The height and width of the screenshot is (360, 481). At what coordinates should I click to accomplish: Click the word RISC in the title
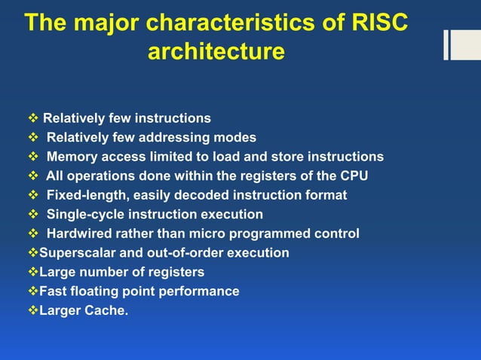point(379,23)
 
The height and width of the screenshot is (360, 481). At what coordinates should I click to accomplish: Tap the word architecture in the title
point(216,52)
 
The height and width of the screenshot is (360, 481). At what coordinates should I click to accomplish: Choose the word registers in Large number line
point(176,272)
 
